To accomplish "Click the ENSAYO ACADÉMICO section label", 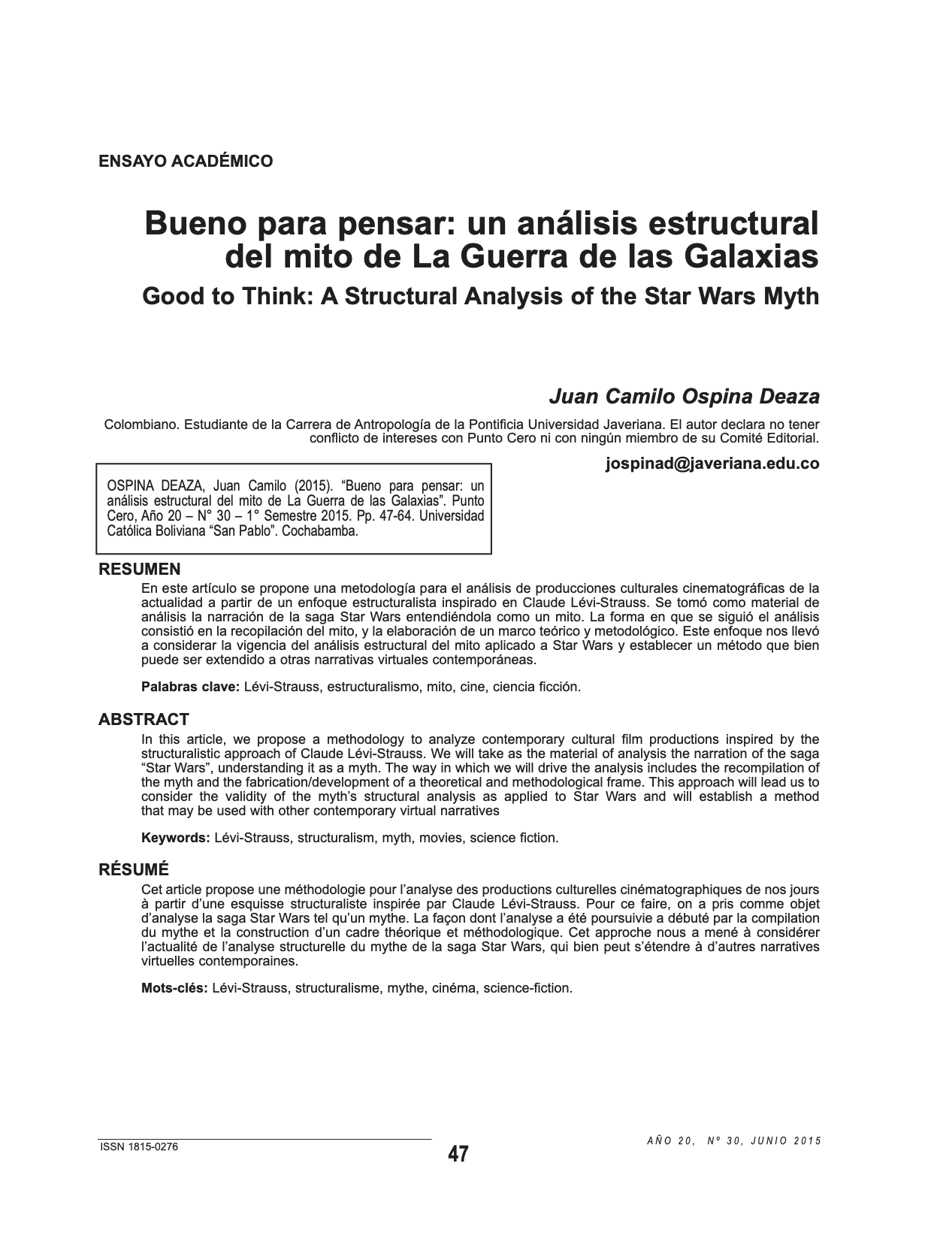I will (186, 161).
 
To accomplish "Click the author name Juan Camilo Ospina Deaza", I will (684, 396).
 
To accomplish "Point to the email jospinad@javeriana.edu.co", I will (712, 464).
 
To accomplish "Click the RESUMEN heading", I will (140, 569).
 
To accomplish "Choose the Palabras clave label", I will (191, 687).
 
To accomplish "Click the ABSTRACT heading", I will (144, 720).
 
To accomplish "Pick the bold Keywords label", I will (176, 838).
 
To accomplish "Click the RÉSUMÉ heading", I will (134, 870).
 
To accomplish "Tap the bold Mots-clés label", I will (174, 988).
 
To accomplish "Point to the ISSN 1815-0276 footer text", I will (139, 1147).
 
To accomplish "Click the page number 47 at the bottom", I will (458, 1155).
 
